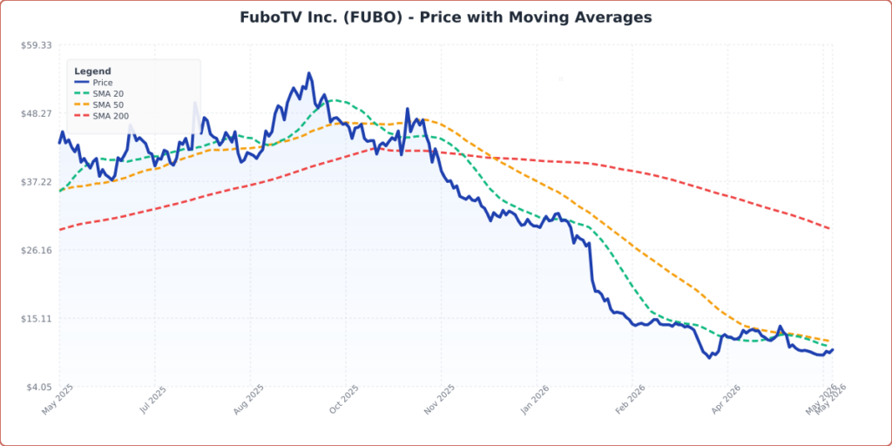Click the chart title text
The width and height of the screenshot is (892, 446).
tap(445, 17)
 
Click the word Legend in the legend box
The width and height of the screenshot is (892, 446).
tap(92, 71)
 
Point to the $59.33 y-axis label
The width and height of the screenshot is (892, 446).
tap(37, 45)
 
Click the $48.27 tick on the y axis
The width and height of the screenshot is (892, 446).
tap(37, 113)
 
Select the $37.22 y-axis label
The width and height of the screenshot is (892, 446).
tap(37, 182)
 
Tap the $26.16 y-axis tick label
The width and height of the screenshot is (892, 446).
tap(37, 250)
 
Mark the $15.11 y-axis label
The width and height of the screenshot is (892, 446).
tap(37, 319)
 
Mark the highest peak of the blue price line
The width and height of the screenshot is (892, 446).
tap(309, 73)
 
